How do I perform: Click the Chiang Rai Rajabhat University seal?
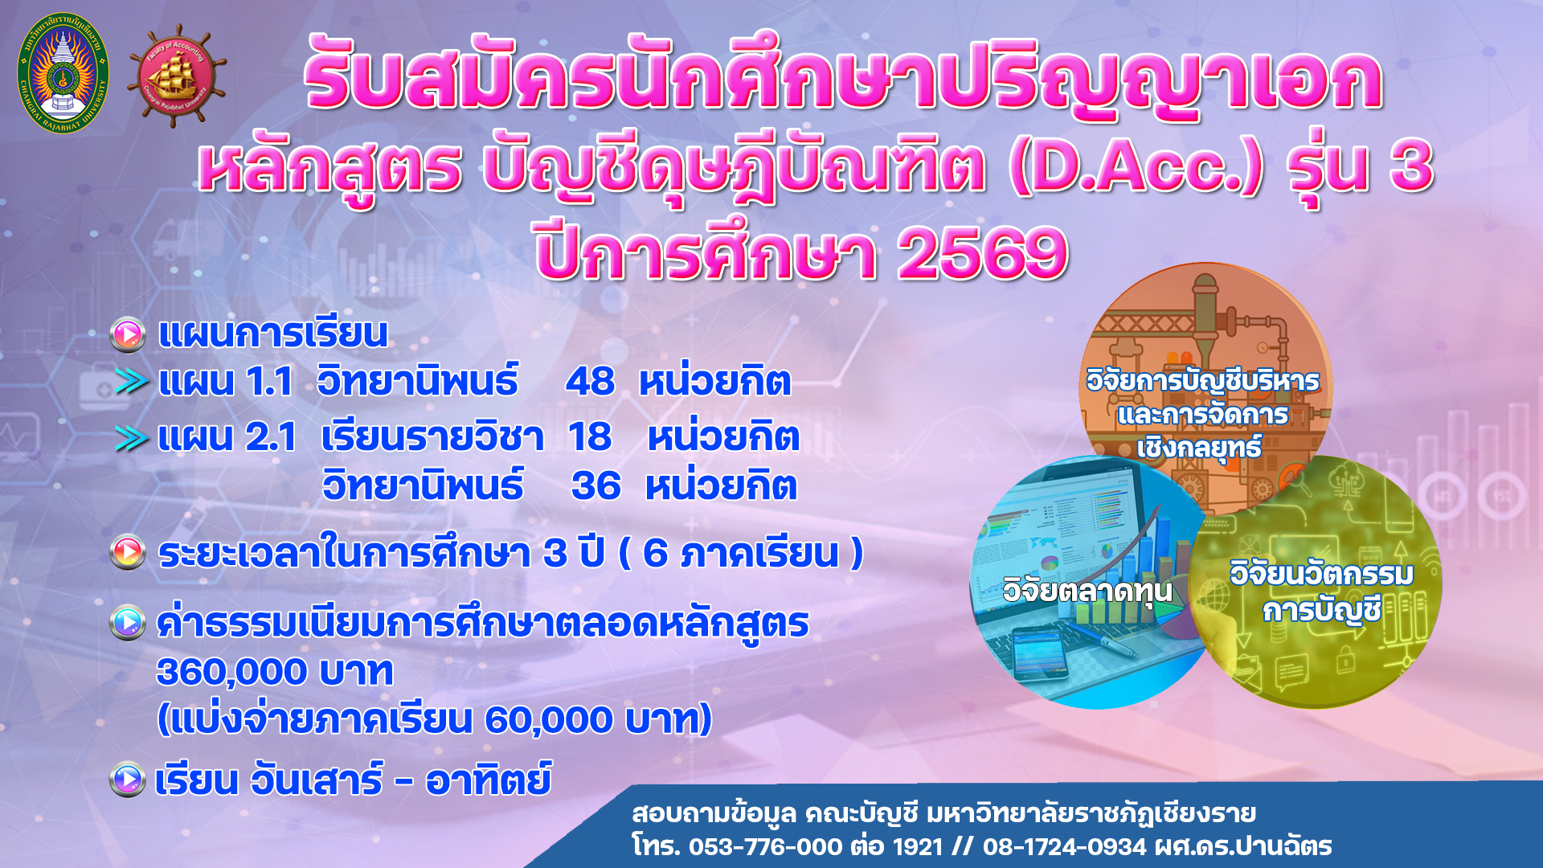tap(63, 73)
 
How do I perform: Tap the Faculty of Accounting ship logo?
tap(176, 77)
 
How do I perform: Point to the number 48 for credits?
tap(590, 382)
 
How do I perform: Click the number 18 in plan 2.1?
tap(590, 437)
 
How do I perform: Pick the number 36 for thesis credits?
tap(596, 486)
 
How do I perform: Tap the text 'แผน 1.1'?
tap(226, 382)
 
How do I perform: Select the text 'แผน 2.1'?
tap(227, 438)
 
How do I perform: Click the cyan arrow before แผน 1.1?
tap(132, 382)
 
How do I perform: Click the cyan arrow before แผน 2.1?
tap(132, 438)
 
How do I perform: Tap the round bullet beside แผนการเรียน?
tap(128, 335)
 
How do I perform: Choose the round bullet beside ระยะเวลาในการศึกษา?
tap(128, 552)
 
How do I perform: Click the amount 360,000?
tap(233, 672)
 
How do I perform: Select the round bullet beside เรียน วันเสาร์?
tap(128, 779)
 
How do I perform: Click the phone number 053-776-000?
tap(765, 846)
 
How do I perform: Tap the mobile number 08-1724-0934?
tap(1064, 846)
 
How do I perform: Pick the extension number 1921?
tap(917, 846)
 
